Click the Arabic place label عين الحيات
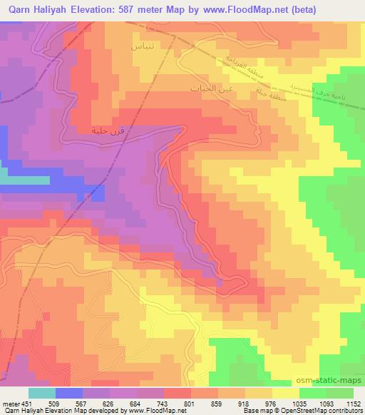tap(209, 88)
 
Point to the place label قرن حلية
tap(103, 130)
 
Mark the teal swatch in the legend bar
tap(42, 392)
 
